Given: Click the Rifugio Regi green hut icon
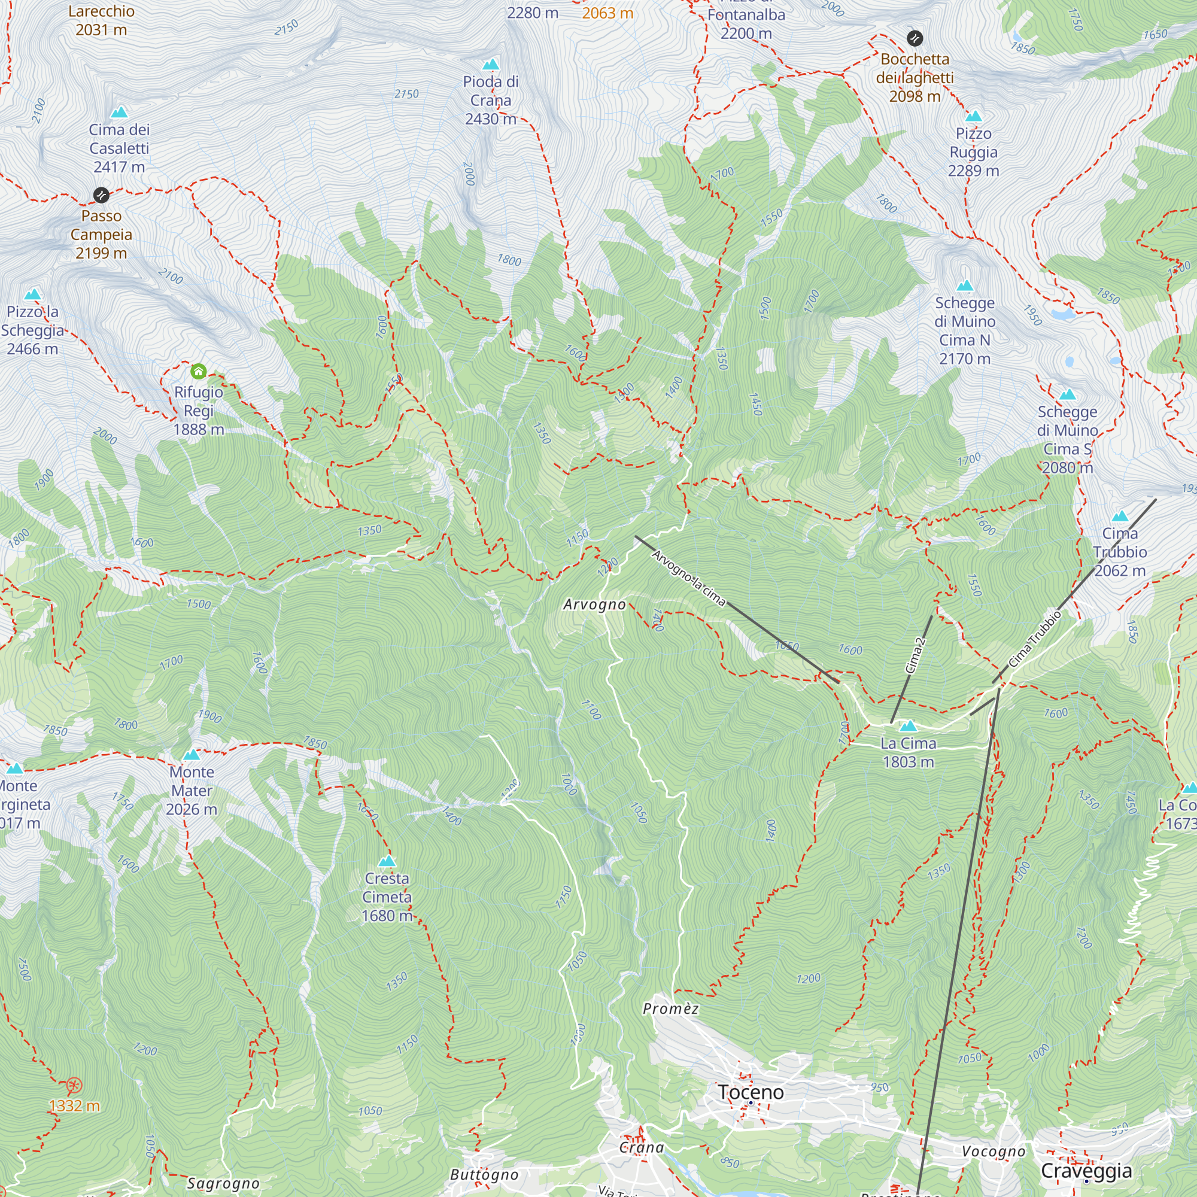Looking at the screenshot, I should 198,372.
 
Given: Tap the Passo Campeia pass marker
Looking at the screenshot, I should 101,195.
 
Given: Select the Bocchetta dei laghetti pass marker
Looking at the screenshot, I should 915,38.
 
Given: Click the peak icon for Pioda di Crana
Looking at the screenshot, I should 491,65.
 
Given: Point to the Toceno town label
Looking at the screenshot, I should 751,1092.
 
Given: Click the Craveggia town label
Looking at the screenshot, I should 1086,1171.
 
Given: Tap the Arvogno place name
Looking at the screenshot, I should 594,604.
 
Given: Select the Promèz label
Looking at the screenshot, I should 670,1008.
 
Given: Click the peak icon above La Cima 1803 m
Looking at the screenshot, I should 908,725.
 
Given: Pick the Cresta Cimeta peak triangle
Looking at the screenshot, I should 387,861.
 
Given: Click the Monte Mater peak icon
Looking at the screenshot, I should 192,755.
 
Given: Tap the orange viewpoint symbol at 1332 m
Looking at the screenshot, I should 74,1086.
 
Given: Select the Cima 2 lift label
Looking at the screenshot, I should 915,655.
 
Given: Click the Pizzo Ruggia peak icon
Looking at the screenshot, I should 973,116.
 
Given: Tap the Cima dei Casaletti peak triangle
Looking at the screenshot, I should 119,112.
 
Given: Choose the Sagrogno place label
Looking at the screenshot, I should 223,1183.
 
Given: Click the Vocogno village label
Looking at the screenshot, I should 993,1151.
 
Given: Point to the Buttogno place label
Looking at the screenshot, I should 484,1175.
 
